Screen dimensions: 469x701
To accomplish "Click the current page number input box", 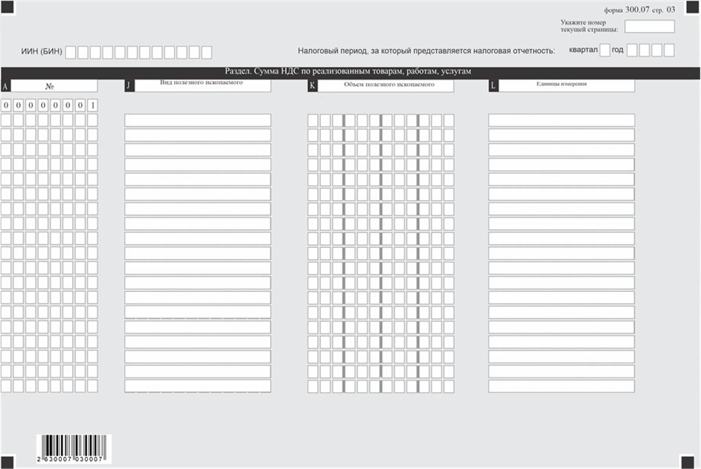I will (x=650, y=27).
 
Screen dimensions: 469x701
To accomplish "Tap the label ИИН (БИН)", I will (x=42, y=51).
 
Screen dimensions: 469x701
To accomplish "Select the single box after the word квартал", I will (x=604, y=51).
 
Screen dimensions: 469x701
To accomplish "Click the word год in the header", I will (x=618, y=51).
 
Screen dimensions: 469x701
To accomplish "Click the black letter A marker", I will (x=6, y=86).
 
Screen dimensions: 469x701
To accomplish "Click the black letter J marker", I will (x=129, y=86).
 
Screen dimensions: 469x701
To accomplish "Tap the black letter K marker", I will (x=313, y=86).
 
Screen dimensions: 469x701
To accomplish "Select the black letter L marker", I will (x=493, y=86).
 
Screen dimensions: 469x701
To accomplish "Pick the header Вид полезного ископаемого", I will (x=202, y=83).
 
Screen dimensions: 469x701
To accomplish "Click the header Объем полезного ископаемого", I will (x=385, y=85).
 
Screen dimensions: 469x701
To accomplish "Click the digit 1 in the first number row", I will (x=92, y=106).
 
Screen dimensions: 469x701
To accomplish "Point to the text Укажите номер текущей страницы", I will (x=589, y=26).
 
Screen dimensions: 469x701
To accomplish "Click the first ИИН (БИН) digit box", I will (x=70, y=52).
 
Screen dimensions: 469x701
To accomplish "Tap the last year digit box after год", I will (x=669, y=51).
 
